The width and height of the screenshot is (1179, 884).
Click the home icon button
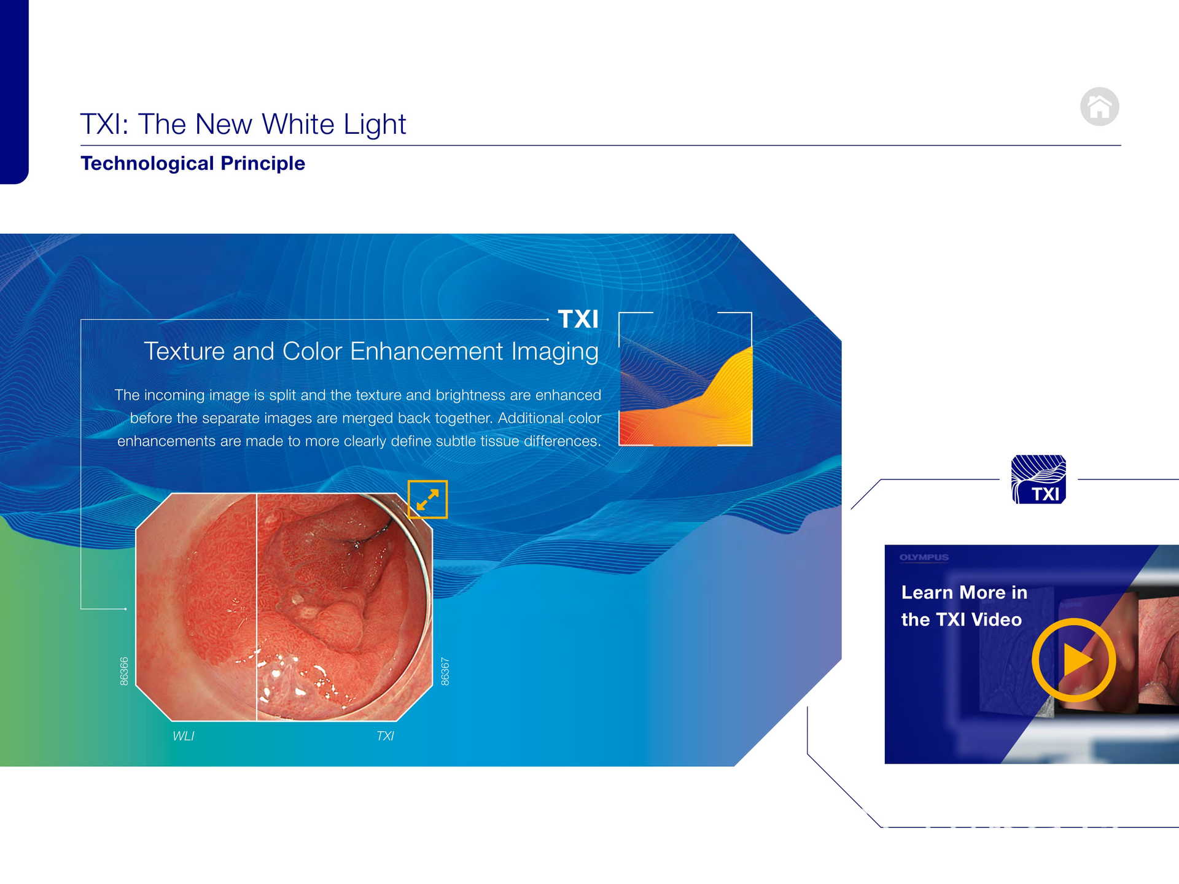[1099, 107]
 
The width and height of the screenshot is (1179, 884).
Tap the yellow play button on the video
[1074, 660]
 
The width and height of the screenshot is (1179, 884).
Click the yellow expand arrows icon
[427, 499]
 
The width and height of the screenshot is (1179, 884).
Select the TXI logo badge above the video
[1038, 479]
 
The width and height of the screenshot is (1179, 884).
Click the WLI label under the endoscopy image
[183, 736]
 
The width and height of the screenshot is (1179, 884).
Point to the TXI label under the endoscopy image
[385, 736]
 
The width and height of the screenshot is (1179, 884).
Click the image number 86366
[124, 671]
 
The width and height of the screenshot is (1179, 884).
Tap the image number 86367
[445, 671]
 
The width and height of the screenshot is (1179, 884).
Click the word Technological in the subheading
[147, 164]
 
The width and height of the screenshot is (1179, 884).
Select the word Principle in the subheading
[263, 164]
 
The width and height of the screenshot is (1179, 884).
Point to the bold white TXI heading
[578, 319]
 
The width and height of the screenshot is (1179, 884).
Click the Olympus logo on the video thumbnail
[924, 557]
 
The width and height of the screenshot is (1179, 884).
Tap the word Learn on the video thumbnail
[927, 592]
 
